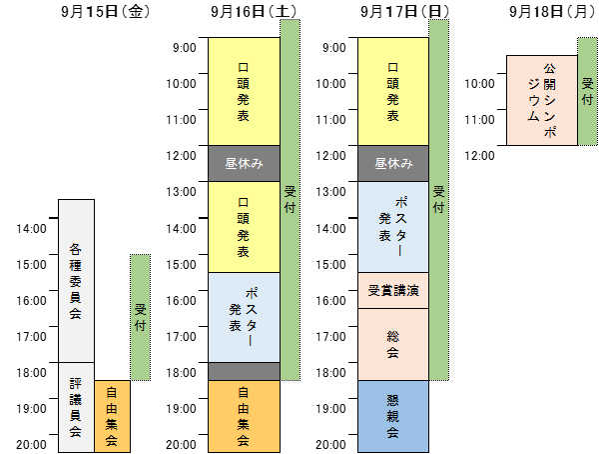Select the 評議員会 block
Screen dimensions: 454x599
coord(76,407)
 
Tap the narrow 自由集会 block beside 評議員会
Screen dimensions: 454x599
coord(112,416)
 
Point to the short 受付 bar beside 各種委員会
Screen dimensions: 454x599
coord(140,317)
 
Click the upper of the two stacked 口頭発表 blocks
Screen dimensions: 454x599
coord(245,91)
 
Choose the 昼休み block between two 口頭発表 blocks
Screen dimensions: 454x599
coord(245,164)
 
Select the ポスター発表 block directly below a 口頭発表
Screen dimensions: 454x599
coord(245,316)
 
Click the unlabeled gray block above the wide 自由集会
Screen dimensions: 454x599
coord(245,371)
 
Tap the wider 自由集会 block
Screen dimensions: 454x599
coord(245,416)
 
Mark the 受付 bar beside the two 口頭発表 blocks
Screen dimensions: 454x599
coord(291,199)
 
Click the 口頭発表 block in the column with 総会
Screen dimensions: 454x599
coord(393,91)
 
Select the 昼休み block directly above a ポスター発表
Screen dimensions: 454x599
coord(393,164)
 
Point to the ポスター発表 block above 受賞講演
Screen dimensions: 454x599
coord(393,226)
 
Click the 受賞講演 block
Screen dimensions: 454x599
coord(393,290)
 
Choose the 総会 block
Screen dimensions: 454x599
coord(393,344)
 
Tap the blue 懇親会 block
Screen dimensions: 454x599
coord(393,416)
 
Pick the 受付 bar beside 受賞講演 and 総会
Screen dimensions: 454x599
coord(439,199)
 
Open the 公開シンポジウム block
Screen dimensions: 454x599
coord(542,101)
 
